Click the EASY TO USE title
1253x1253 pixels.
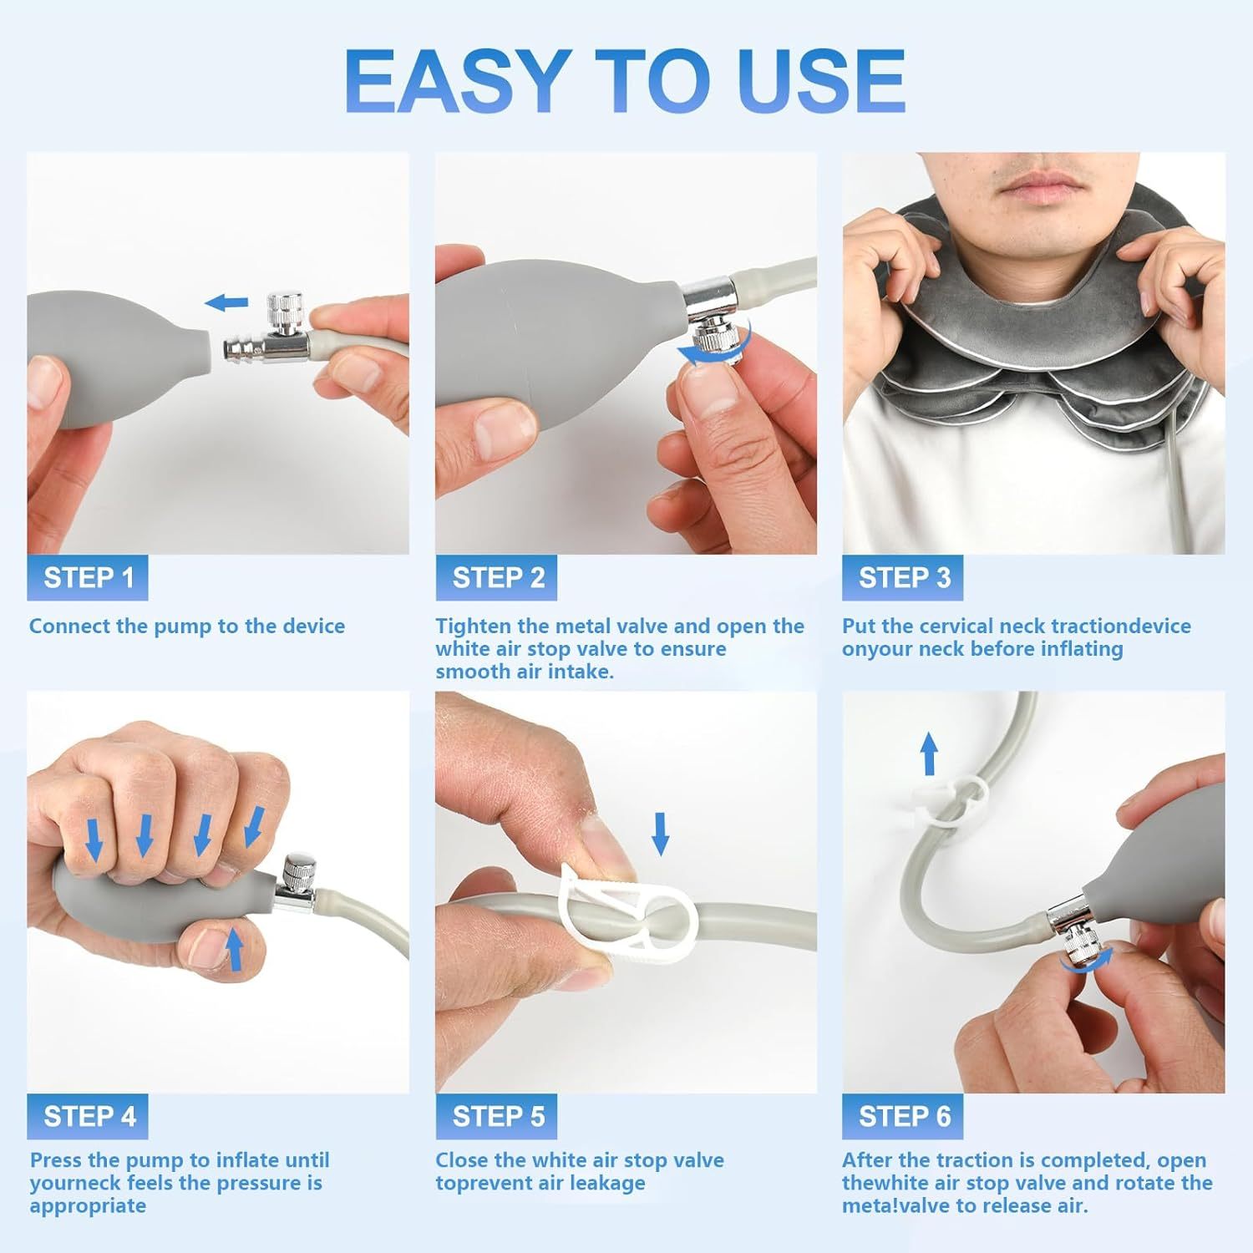pyautogui.click(x=625, y=81)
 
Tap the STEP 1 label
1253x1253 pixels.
pyautogui.click(x=88, y=578)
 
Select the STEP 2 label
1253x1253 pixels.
pyautogui.click(x=497, y=578)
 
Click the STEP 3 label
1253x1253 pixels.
pyautogui.click(x=903, y=578)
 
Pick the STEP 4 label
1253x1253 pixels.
pyautogui.click(x=89, y=1117)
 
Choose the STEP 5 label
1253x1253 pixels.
pyautogui.click(x=497, y=1117)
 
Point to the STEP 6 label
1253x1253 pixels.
pyautogui.click(x=903, y=1117)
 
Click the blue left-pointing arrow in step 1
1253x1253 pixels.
pyautogui.click(x=227, y=302)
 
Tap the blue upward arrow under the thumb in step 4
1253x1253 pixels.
pyautogui.click(x=236, y=951)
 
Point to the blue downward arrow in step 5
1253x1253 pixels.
pyautogui.click(x=661, y=833)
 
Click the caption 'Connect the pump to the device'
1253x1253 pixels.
pyautogui.click(x=187, y=626)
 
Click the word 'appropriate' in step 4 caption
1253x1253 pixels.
pyautogui.click(x=88, y=1206)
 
